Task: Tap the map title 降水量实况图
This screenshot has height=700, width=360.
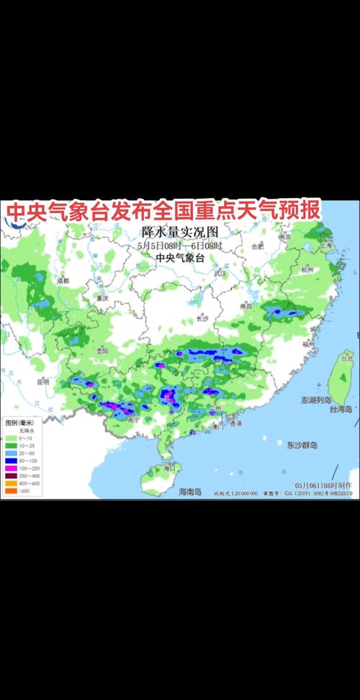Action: (x=180, y=233)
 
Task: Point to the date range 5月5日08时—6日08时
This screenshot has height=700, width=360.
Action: (x=180, y=246)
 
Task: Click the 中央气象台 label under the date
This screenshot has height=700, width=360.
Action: (x=180, y=259)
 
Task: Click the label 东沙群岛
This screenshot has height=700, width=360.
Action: (x=300, y=444)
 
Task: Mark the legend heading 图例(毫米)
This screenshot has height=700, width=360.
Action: (x=19, y=423)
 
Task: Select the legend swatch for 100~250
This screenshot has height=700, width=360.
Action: (x=10, y=467)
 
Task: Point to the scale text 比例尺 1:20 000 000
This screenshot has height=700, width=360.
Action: (x=235, y=494)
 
